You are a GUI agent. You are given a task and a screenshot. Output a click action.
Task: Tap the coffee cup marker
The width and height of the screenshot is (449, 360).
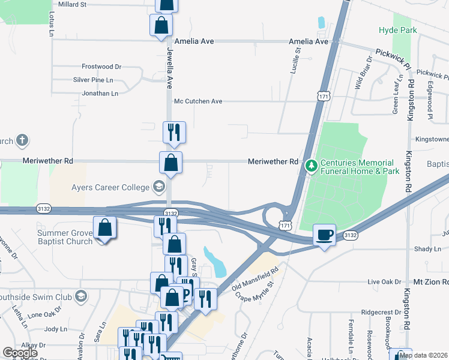tap(324, 235)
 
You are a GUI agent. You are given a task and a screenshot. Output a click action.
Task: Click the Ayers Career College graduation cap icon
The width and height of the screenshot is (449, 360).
tap(158, 187)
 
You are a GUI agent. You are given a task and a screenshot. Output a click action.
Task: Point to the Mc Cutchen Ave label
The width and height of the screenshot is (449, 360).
tap(198, 101)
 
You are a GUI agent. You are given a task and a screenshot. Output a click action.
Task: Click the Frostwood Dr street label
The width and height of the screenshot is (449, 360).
tap(101, 67)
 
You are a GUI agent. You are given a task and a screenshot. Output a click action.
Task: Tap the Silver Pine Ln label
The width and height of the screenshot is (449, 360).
tap(93, 80)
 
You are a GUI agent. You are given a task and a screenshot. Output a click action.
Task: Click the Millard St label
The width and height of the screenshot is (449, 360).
tap(71, 4)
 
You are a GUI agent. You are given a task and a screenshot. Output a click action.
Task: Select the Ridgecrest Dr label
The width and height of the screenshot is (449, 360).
tap(381, 313)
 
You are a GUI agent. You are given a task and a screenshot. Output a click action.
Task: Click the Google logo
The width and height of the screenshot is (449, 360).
tap(20, 353)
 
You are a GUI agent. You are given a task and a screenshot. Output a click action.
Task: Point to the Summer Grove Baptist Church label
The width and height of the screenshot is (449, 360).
tap(65, 237)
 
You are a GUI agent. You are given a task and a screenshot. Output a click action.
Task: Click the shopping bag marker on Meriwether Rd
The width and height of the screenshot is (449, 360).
tap(170, 162)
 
